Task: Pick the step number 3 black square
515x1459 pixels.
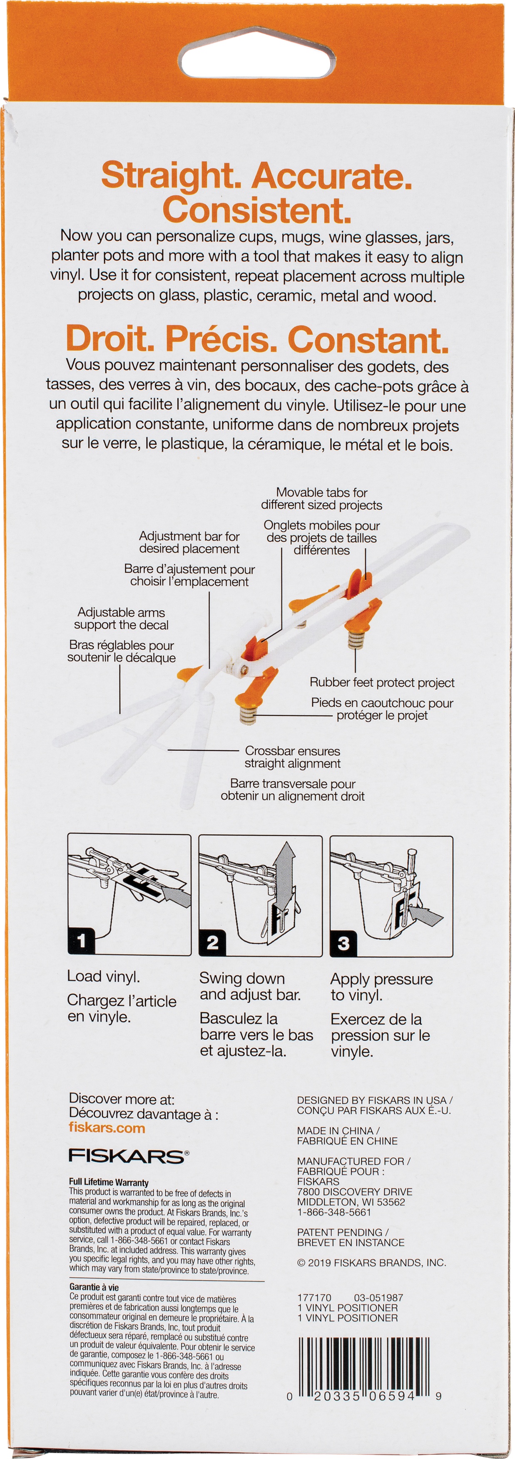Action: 343,943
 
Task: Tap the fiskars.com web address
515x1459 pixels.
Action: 107,1127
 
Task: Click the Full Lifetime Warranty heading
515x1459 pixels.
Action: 109,1182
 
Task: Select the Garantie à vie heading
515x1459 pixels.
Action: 94,1287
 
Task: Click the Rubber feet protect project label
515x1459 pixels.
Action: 382,682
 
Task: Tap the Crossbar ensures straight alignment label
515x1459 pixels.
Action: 293,757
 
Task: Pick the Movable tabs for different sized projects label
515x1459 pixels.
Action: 321,499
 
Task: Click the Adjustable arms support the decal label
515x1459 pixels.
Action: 121,619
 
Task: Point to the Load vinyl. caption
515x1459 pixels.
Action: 104,976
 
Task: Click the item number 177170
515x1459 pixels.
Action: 314,1298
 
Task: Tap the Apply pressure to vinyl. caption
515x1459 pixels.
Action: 381,987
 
